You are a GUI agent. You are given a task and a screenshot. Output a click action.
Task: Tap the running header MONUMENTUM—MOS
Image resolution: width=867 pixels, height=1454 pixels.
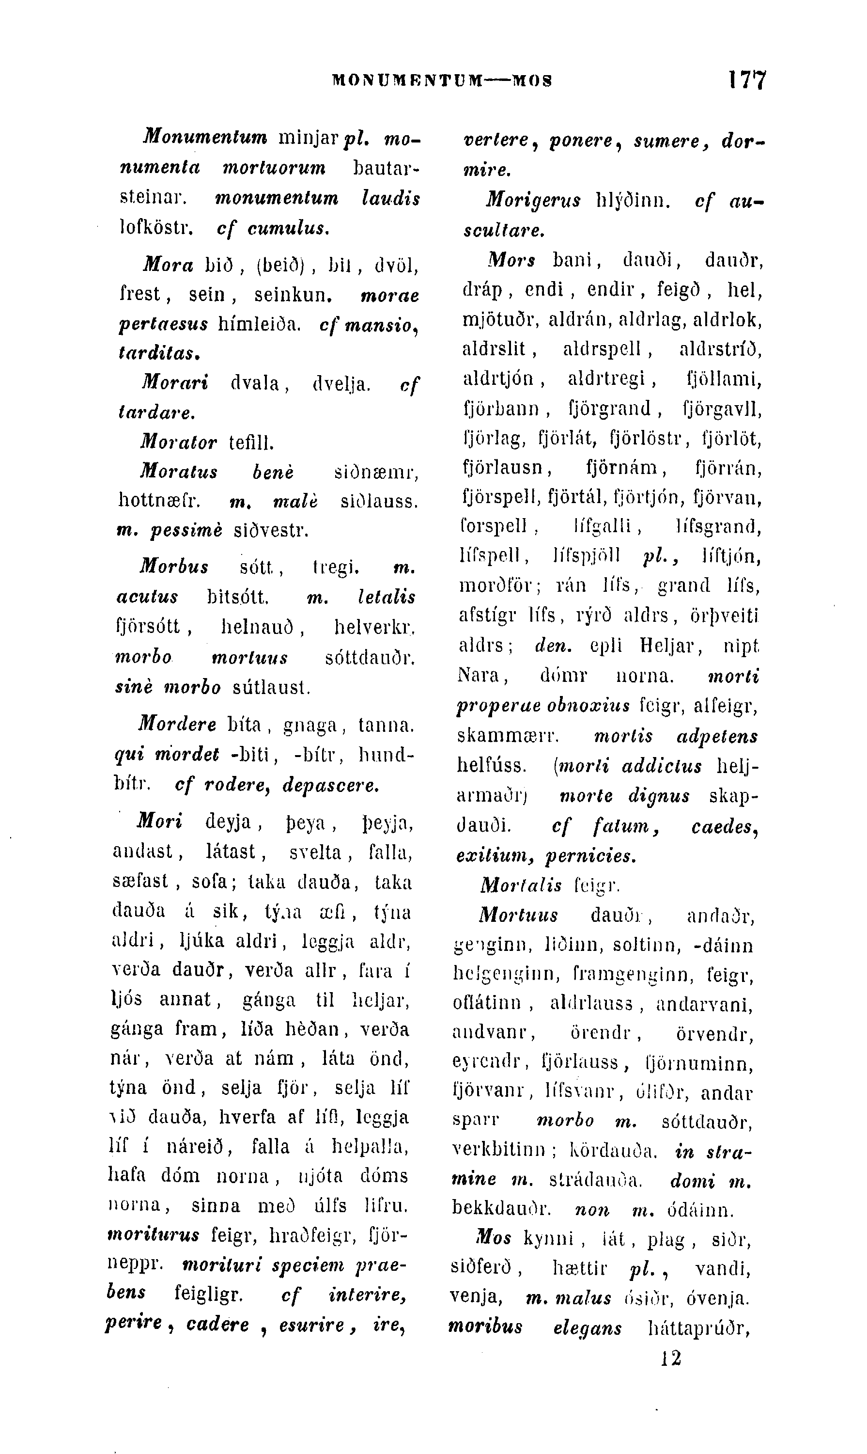point(442,80)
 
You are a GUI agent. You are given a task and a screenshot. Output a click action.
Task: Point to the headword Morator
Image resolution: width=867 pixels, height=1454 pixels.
point(178,442)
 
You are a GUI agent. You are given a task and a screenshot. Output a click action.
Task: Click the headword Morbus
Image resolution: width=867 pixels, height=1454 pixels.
point(174,567)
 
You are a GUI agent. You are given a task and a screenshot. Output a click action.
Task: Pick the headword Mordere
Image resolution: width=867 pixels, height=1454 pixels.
point(178,725)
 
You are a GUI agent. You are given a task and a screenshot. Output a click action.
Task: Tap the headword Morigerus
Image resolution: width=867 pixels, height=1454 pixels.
point(533,201)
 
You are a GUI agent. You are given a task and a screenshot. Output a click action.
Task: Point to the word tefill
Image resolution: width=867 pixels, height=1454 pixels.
point(251,443)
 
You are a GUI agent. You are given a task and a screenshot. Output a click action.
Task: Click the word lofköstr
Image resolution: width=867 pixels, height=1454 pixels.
point(156,227)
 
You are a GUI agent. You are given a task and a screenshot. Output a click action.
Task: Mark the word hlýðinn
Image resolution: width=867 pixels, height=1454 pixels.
point(632,201)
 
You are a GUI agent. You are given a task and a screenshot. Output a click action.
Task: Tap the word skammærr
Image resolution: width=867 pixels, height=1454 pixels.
point(508,736)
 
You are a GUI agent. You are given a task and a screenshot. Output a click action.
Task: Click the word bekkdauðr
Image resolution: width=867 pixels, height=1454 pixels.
point(501,1208)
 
